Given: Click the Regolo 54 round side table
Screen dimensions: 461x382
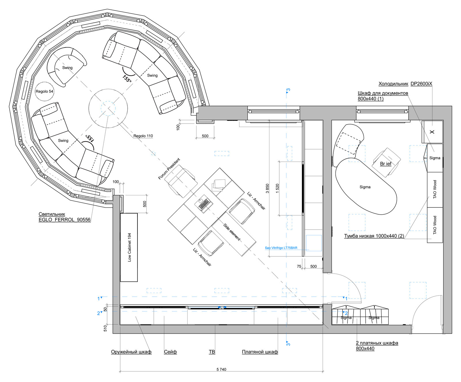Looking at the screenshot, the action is pyautogui.click(x=44, y=91).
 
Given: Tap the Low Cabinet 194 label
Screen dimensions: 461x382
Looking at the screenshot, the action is pyautogui.click(x=129, y=247).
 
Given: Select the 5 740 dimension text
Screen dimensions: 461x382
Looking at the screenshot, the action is pyautogui.click(x=221, y=369).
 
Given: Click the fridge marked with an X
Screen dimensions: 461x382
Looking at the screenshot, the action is pyautogui.click(x=432, y=132).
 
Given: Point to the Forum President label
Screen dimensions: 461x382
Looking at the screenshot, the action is pyautogui.click(x=169, y=169).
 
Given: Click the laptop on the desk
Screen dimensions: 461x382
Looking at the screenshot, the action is pyautogui.click(x=204, y=203).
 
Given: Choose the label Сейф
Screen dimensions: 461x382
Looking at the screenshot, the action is pyautogui.click(x=170, y=352).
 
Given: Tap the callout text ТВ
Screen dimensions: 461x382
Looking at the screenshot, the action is pyautogui.click(x=212, y=352).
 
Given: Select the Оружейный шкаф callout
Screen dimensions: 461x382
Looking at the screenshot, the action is pyautogui.click(x=131, y=352).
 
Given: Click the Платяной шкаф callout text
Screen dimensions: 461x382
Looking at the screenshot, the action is pyautogui.click(x=260, y=352).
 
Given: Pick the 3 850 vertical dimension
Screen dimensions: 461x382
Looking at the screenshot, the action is pyautogui.click(x=267, y=188).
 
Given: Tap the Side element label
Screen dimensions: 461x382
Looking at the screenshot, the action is pyautogui.click(x=232, y=232).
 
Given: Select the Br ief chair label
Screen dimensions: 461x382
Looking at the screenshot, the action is pyautogui.click(x=386, y=164).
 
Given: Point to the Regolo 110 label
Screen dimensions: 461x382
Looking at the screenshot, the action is pyautogui.click(x=143, y=136).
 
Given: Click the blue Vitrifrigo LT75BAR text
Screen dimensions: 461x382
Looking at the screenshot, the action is pyautogui.click(x=281, y=248).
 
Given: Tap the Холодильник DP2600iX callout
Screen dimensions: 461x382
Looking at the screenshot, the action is pyautogui.click(x=405, y=84).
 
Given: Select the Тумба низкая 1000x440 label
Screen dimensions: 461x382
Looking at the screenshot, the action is pyautogui.click(x=374, y=236).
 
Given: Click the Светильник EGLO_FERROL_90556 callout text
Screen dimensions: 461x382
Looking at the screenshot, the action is pyautogui.click(x=65, y=217).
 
